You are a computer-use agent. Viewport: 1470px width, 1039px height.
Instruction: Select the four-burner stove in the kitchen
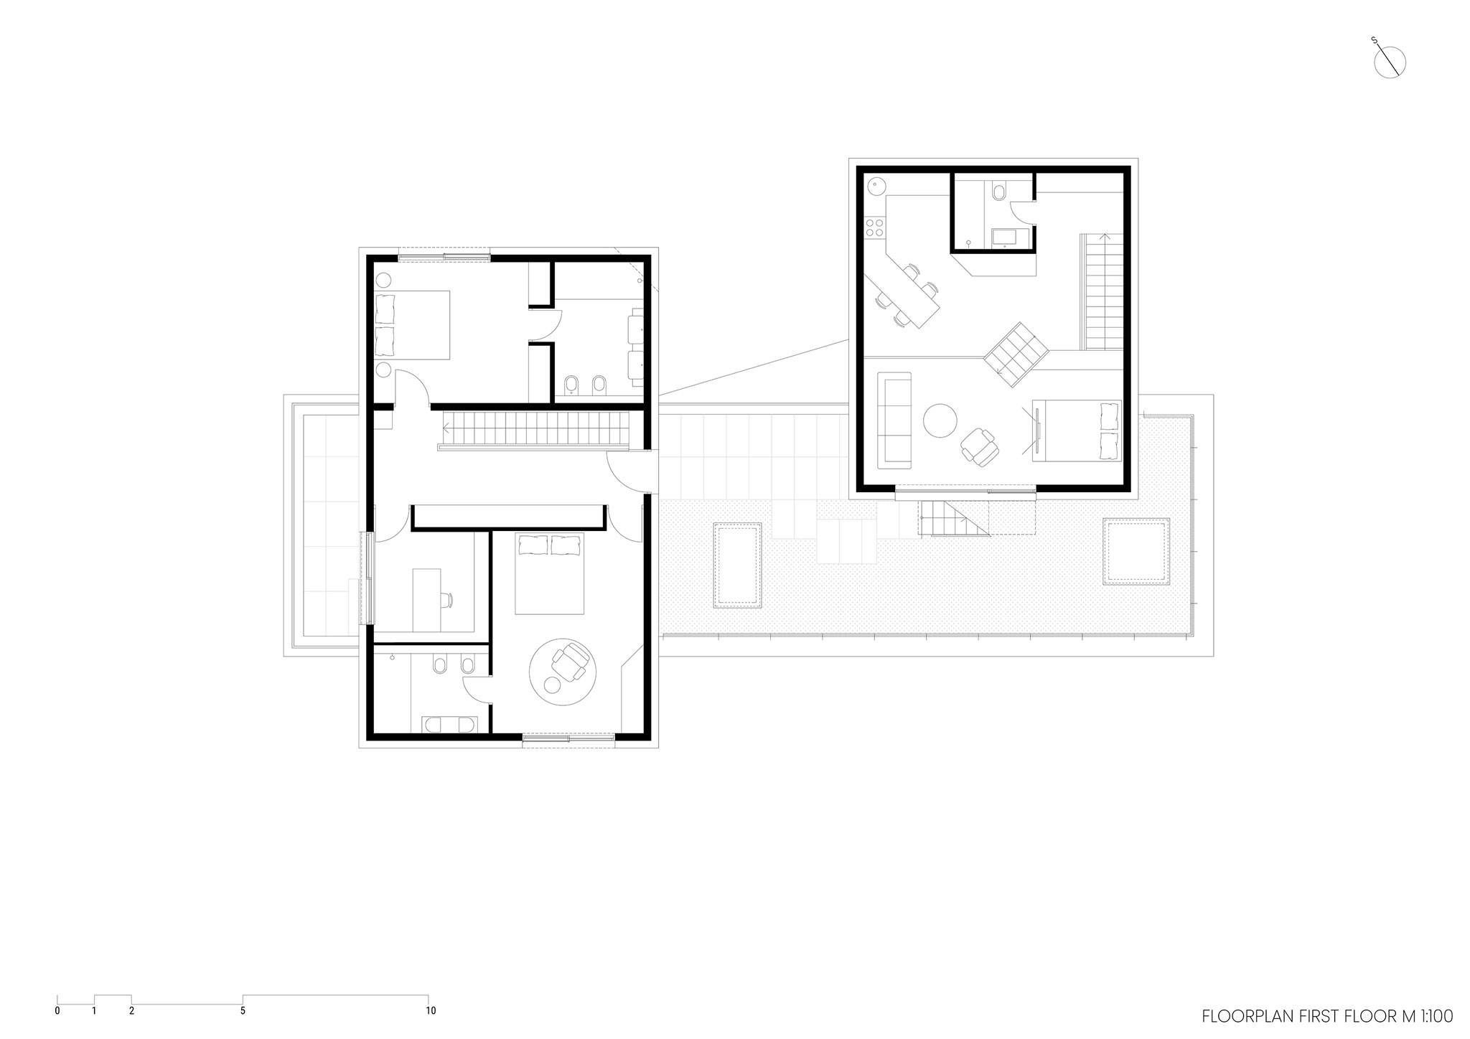click(x=874, y=229)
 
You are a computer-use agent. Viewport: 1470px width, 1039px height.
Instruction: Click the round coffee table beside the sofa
click(x=940, y=420)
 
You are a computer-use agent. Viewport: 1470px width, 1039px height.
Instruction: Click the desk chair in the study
click(x=447, y=599)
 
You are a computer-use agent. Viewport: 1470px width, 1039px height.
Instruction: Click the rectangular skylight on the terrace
click(x=737, y=565)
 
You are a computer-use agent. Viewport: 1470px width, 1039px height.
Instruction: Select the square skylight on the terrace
click(x=1135, y=551)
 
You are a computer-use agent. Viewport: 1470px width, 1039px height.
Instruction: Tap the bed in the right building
click(x=1077, y=430)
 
